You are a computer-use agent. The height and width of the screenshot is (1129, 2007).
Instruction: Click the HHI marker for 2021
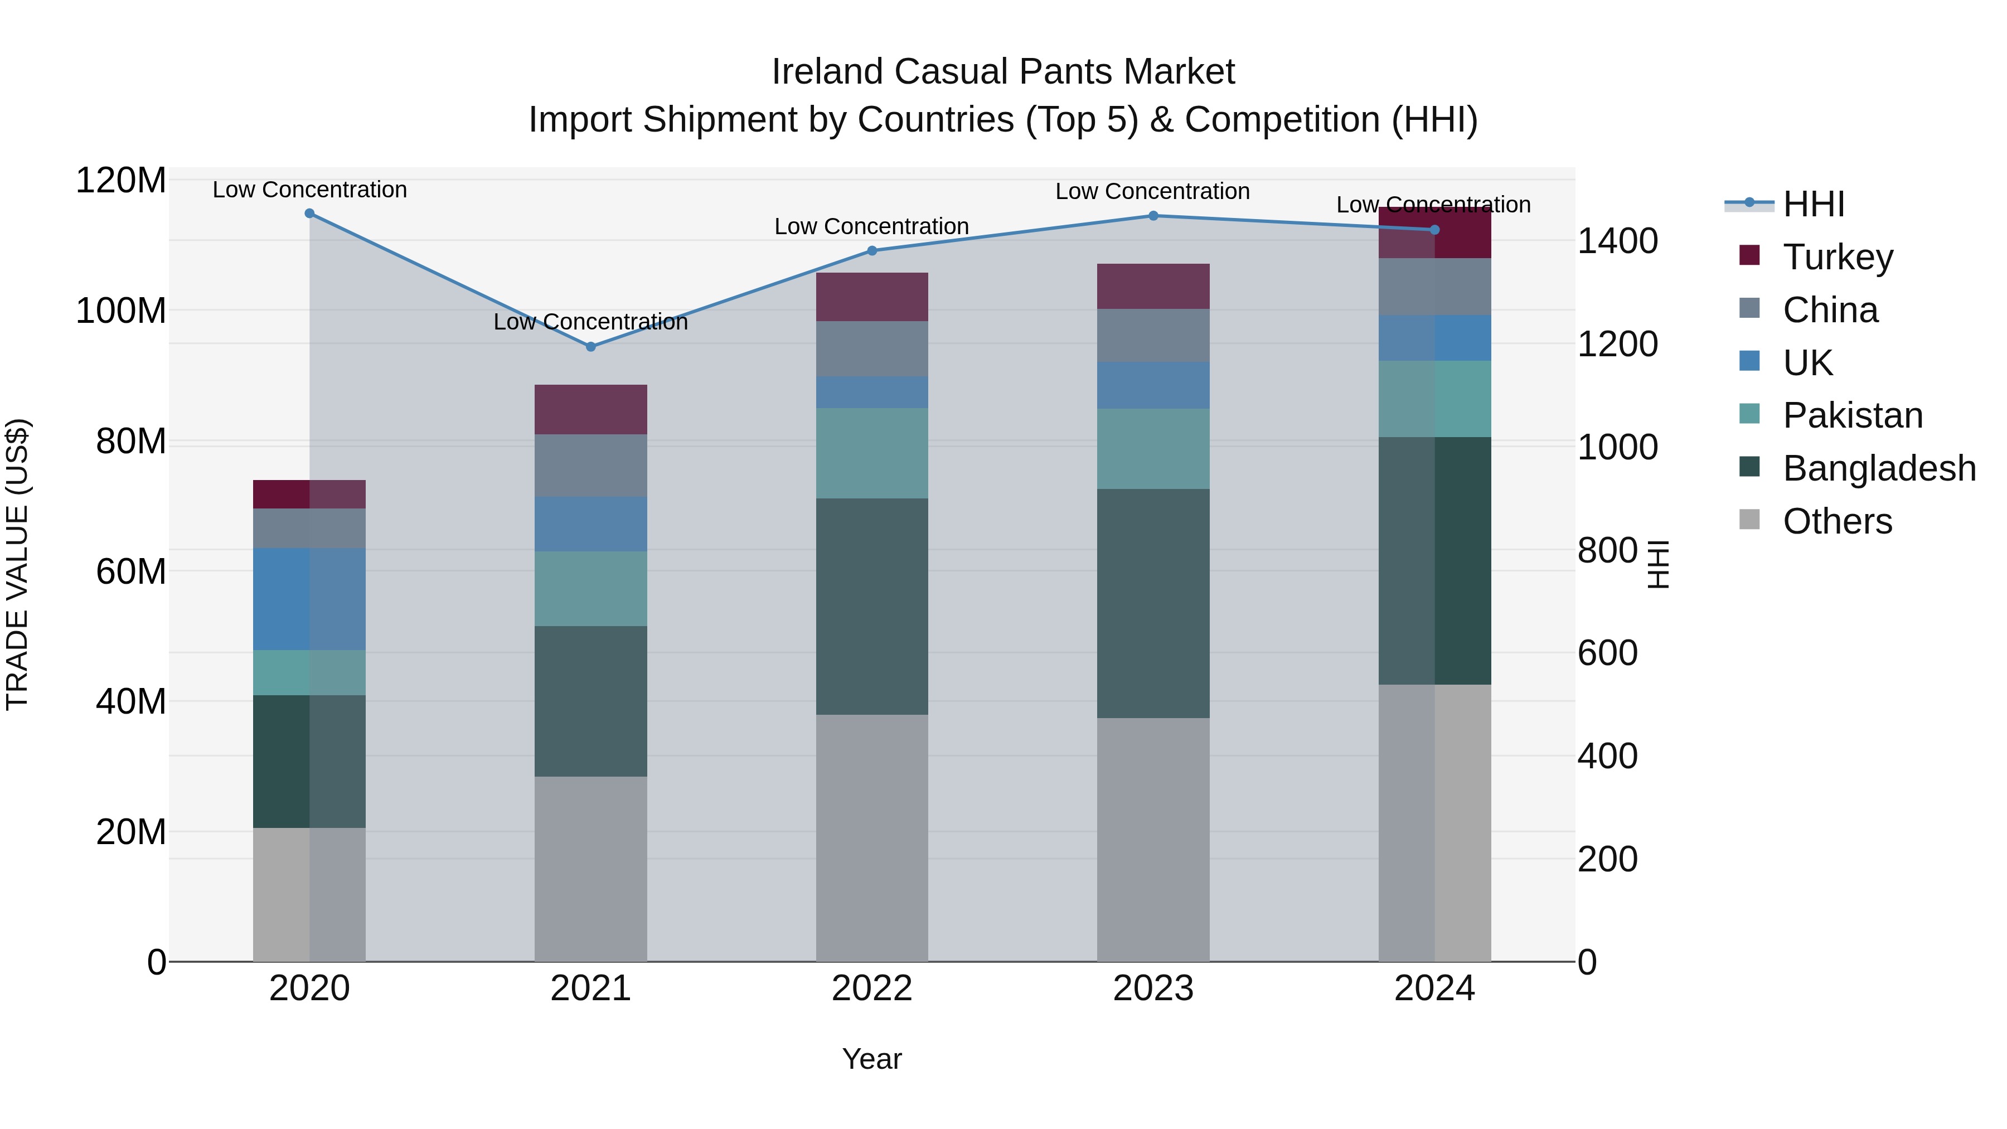point(590,347)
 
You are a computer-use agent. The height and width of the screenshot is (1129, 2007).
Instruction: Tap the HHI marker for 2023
point(1153,216)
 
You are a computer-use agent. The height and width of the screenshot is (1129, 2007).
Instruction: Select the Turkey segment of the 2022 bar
point(872,297)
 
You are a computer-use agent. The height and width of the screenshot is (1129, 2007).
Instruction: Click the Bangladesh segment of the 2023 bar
point(1153,603)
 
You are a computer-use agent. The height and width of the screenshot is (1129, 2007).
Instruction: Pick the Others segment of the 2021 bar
point(590,868)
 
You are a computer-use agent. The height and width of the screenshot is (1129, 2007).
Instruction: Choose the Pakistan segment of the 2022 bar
point(872,453)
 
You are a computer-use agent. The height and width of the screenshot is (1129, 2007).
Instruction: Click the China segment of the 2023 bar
point(1153,335)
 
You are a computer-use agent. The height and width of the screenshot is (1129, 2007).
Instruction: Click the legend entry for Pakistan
point(1852,415)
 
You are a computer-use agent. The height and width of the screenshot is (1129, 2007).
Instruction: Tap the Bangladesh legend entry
point(1878,468)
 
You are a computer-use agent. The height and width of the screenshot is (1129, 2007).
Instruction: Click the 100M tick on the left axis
point(121,311)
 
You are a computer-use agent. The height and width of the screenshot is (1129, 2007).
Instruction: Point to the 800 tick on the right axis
point(1607,550)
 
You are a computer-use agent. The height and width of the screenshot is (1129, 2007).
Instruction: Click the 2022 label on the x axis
point(872,989)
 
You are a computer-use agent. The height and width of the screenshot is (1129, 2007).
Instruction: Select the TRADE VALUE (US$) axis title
point(17,564)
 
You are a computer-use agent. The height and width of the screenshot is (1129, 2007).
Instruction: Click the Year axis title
point(872,1059)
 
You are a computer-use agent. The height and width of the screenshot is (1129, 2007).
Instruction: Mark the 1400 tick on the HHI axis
point(1617,241)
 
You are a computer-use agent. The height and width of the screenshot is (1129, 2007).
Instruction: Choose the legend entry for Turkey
point(1837,257)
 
